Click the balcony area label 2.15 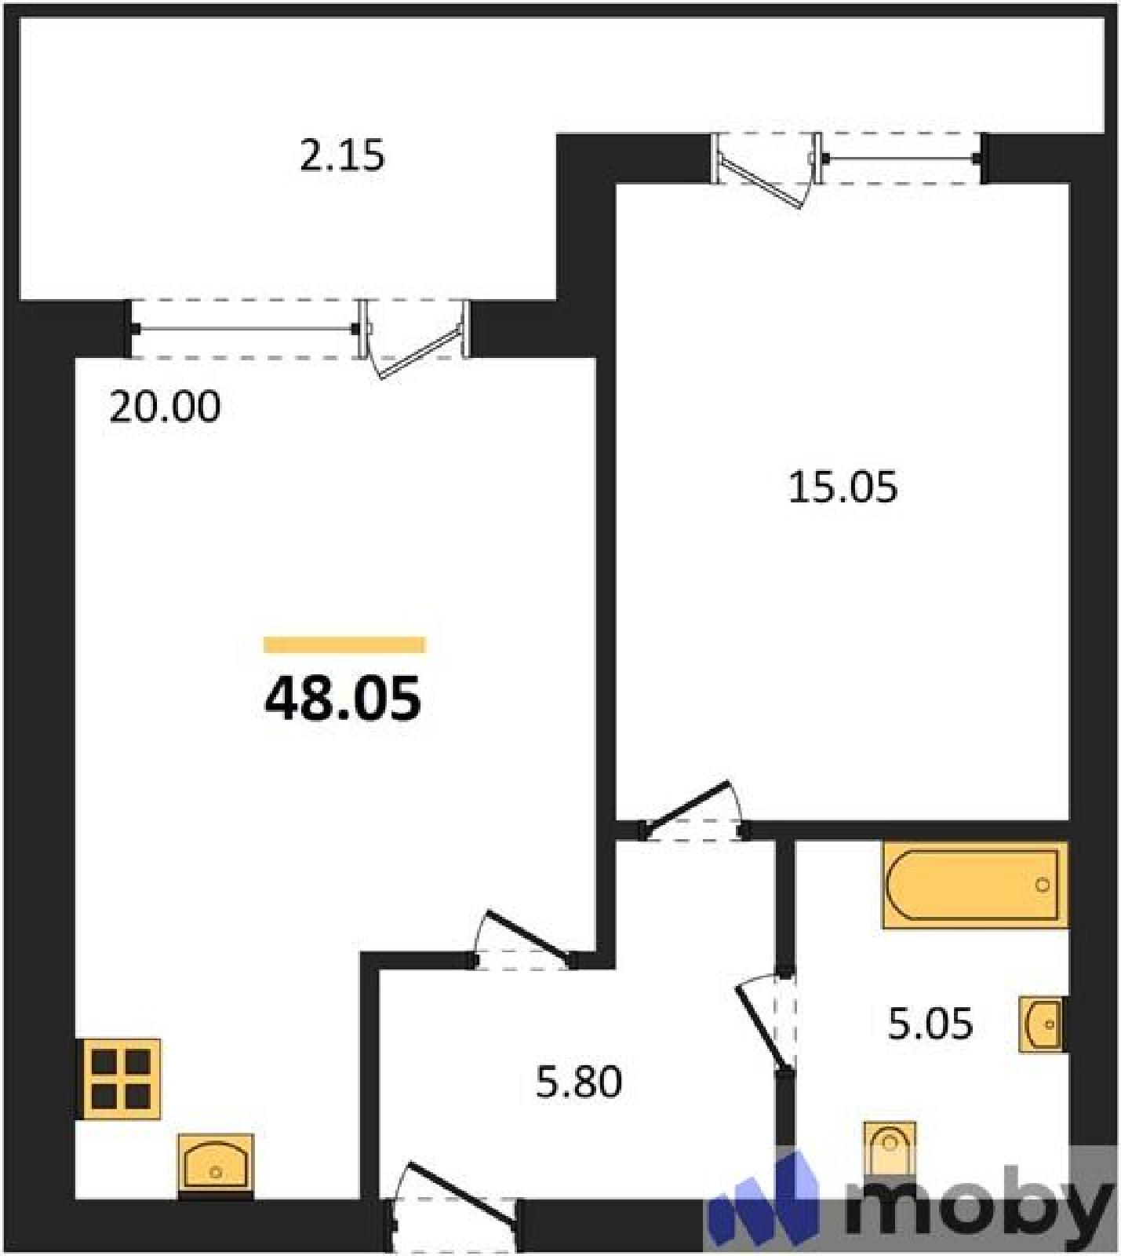(342, 155)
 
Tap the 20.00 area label (165, 407)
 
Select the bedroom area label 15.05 (843, 487)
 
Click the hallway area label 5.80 (579, 1081)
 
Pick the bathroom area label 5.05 (930, 1024)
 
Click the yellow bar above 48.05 (344, 644)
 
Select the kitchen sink (216, 1166)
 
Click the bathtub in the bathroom (975, 885)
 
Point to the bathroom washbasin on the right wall (1042, 1024)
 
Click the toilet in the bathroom (890, 1148)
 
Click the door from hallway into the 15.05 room (693, 812)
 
